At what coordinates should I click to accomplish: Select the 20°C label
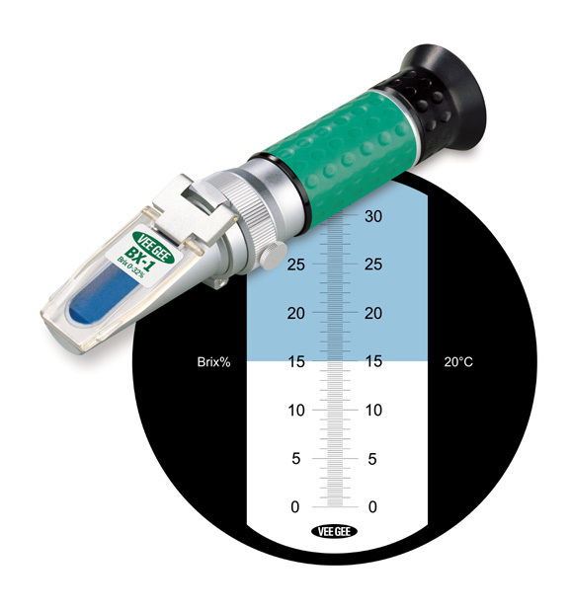457,362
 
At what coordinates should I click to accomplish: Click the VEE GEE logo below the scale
338,531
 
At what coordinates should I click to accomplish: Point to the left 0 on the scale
292,506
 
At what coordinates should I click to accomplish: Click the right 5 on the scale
372,458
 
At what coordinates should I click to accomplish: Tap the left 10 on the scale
296,410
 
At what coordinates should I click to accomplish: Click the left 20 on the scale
296,314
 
